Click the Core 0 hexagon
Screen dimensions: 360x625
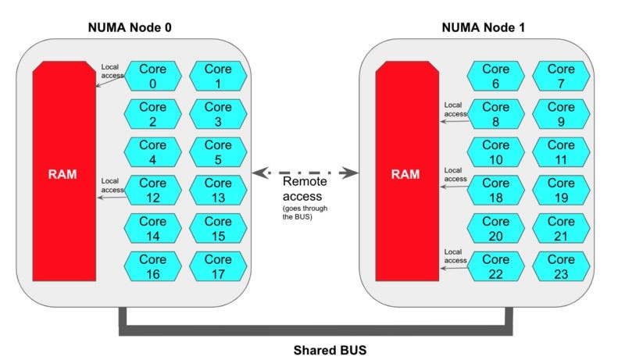click(x=153, y=77)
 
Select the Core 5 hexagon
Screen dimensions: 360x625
click(x=218, y=152)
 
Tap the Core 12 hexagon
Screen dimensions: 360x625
click(x=153, y=190)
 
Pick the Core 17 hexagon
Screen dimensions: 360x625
click(x=218, y=266)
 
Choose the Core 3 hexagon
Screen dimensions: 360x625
click(x=218, y=114)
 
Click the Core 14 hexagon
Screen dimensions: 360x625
click(x=153, y=228)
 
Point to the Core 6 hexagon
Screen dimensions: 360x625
click(x=495, y=77)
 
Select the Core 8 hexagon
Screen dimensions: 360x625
click(x=495, y=114)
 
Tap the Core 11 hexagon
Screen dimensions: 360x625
click(x=561, y=152)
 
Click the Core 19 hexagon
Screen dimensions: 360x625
click(x=561, y=190)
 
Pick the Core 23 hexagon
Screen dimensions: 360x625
click(x=561, y=266)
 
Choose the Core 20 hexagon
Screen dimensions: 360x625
click(x=495, y=228)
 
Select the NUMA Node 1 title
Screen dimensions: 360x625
click(x=484, y=27)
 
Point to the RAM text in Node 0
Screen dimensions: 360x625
click(x=62, y=173)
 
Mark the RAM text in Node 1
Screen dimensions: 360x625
click(x=405, y=173)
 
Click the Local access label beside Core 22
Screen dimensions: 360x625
click(x=455, y=255)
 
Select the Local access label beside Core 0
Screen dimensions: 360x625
click(x=112, y=71)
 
